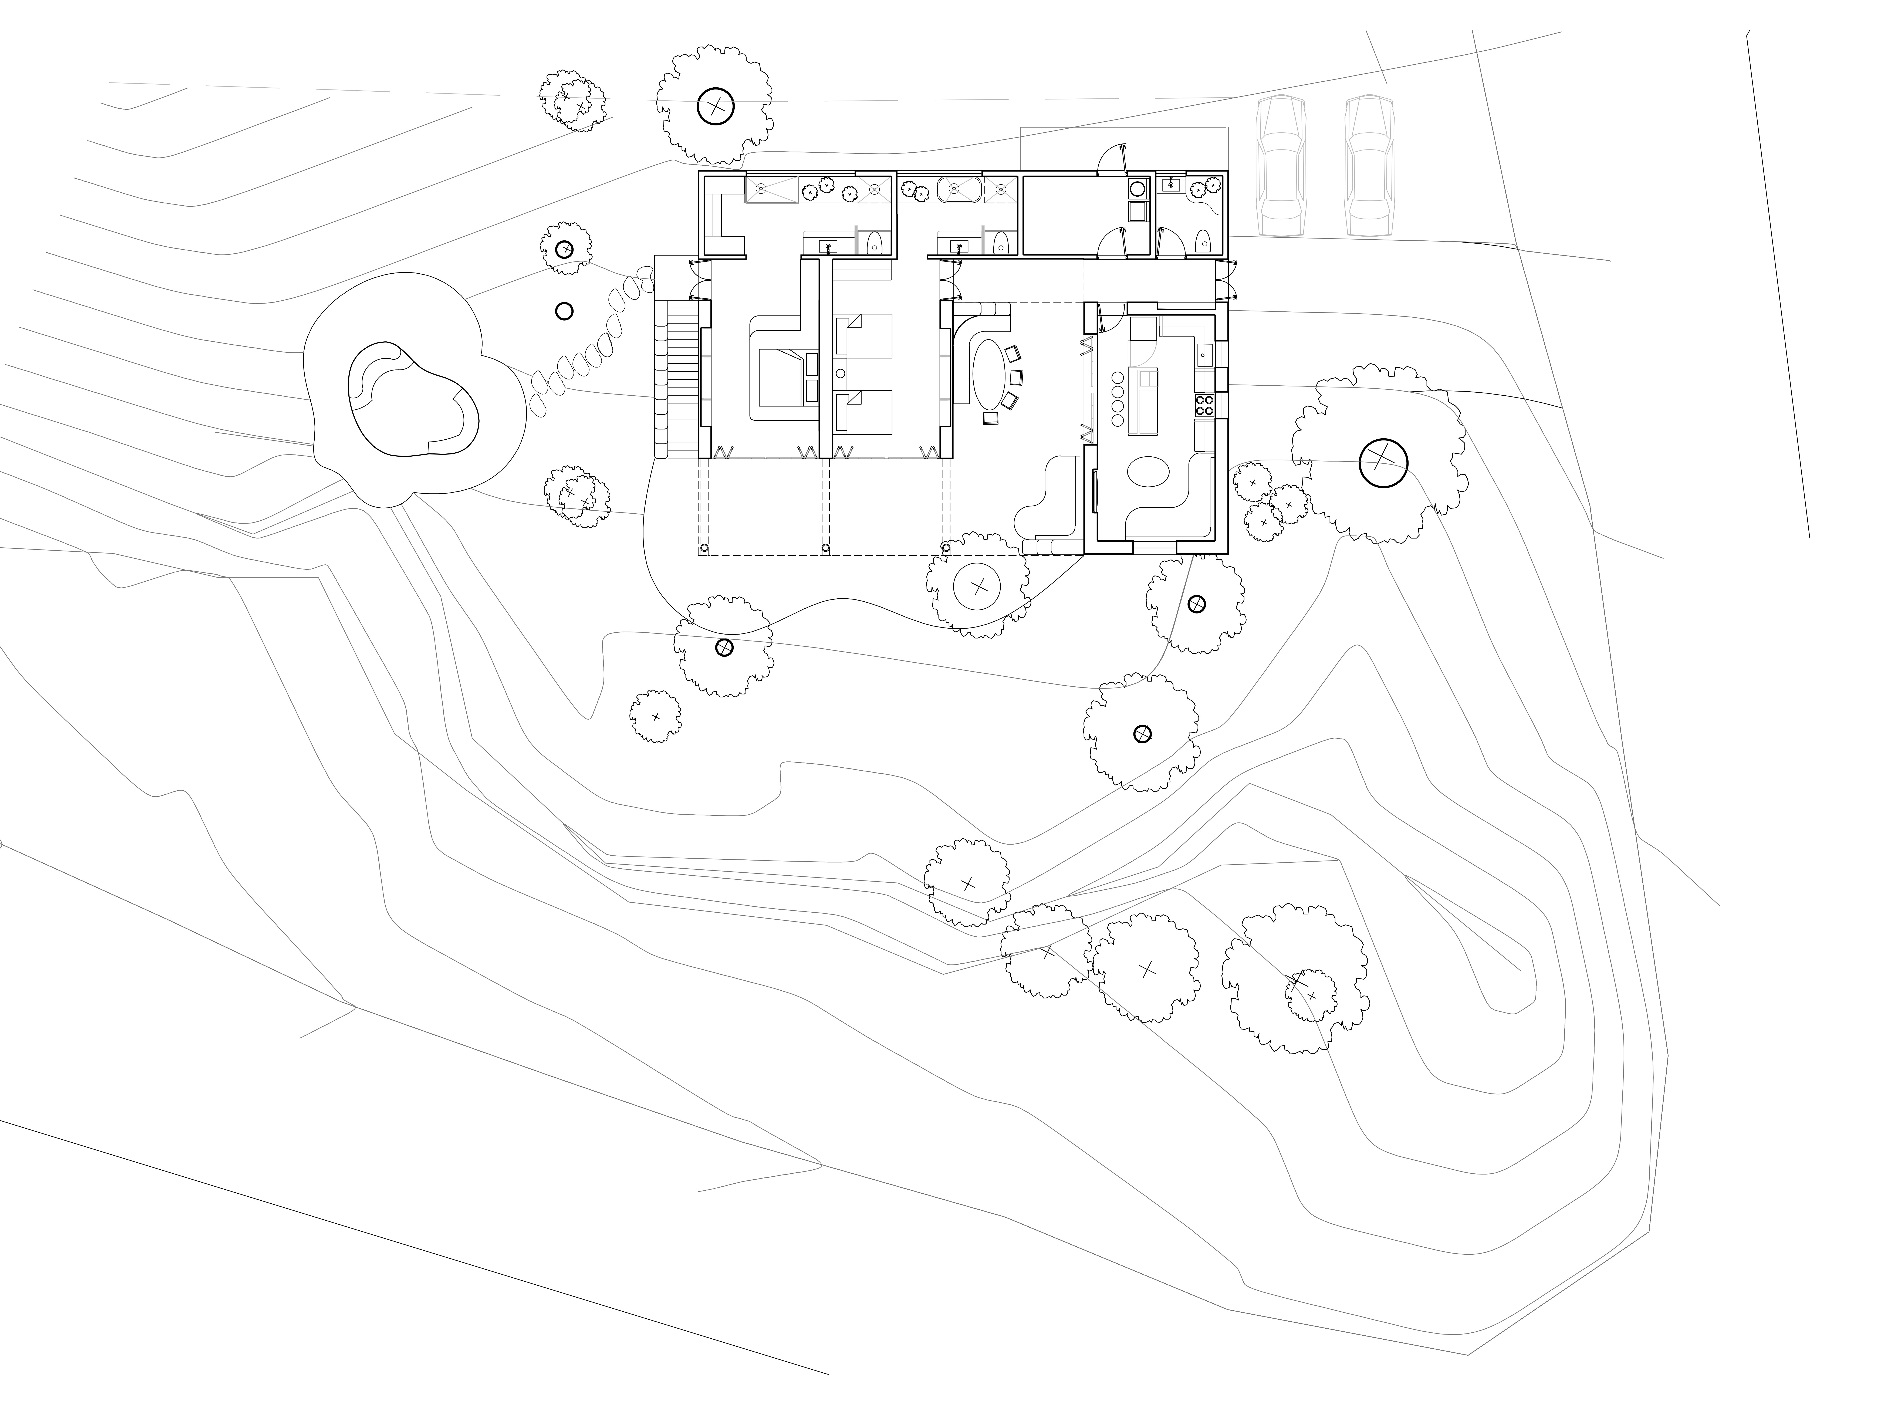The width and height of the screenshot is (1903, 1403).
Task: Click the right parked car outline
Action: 1369,166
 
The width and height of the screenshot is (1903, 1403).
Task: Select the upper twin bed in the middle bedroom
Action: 865,335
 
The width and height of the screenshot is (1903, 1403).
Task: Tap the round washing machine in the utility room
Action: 1136,189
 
